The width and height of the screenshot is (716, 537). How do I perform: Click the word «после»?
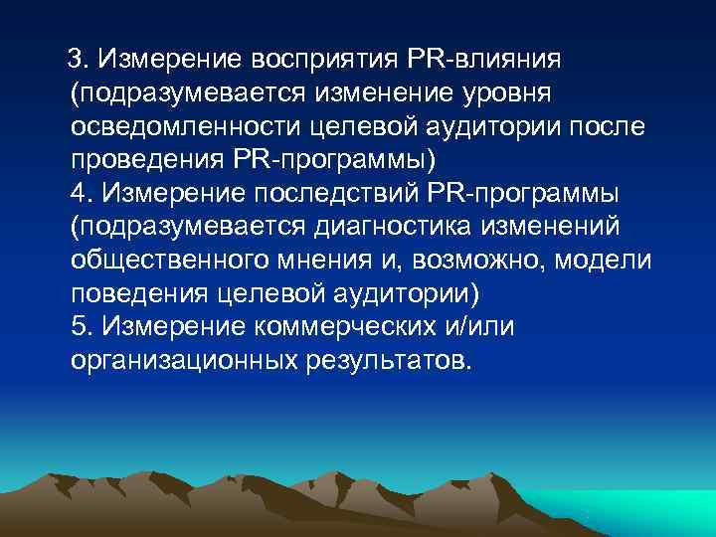[x=606, y=127]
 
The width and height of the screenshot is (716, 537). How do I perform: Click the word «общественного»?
[x=166, y=260]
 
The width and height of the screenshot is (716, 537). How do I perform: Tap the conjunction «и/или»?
[x=478, y=325]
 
